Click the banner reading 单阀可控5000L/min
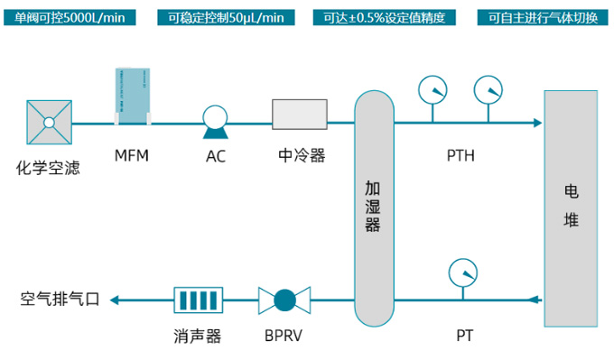click(x=70, y=18)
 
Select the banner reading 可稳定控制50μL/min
click(x=226, y=18)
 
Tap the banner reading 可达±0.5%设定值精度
click(x=384, y=18)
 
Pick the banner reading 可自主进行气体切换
click(x=543, y=18)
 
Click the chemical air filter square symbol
click(x=49, y=123)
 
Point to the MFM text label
click(x=132, y=156)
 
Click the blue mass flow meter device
click(x=133, y=97)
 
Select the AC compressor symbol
click(x=215, y=122)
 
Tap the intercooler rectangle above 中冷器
click(x=300, y=115)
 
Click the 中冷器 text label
click(x=302, y=156)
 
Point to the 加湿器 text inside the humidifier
click(x=373, y=207)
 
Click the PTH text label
click(x=460, y=156)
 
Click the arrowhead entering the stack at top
click(x=537, y=123)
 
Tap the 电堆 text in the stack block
click(x=571, y=206)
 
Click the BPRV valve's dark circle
click(x=284, y=300)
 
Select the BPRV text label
click(x=284, y=336)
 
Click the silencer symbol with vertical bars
click(x=198, y=300)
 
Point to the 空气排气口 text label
click(x=60, y=300)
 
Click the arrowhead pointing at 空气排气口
click(x=115, y=300)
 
